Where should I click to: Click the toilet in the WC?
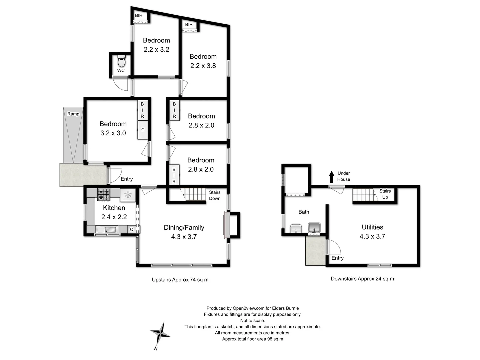(x=121, y=62)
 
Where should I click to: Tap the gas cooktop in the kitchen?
(x=104, y=195)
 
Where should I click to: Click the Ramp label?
(x=73, y=114)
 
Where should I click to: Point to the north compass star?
(x=160, y=333)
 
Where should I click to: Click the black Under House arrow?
(x=331, y=177)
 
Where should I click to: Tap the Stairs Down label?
(x=215, y=195)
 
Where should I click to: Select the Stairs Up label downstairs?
(x=385, y=194)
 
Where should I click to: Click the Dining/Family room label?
(x=184, y=228)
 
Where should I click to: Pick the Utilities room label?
(x=372, y=227)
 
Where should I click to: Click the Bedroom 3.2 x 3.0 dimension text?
(x=113, y=133)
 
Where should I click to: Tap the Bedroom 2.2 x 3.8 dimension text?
(x=203, y=66)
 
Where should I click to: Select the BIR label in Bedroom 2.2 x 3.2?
(x=139, y=16)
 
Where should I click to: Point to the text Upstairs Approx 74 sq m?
(x=180, y=280)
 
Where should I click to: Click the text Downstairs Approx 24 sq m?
(x=362, y=279)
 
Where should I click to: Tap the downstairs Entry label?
(x=337, y=258)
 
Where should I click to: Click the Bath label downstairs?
(x=304, y=212)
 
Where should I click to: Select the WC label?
(x=121, y=71)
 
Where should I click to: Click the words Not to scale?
(x=252, y=321)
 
